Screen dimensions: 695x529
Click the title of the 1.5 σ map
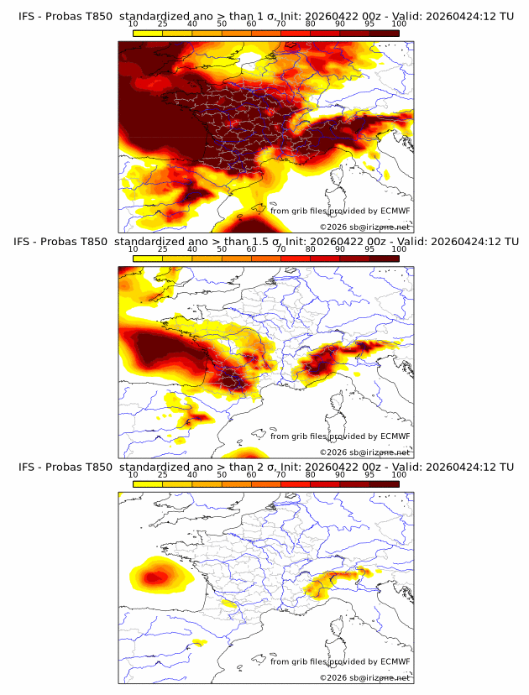tap(265, 242)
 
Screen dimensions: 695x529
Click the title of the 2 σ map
tap(265, 467)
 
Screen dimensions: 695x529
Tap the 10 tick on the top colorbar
tap(134, 25)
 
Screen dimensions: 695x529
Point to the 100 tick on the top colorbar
tap(399, 25)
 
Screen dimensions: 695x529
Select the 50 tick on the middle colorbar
tap(222, 249)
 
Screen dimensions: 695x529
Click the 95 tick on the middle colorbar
tap(369, 249)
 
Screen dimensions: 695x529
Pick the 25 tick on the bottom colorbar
tap(163, 474)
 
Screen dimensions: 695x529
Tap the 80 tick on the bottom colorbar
tap(311, 474)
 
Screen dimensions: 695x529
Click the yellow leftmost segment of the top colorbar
tap(148, 34)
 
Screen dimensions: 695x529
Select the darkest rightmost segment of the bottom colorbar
tap(384, 484)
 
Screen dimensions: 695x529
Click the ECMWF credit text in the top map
tap(340, 211)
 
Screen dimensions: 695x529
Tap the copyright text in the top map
tap(364, 227)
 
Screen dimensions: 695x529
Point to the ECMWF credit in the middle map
tap(340, 436)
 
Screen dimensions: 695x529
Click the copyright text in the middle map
tap(364, 452)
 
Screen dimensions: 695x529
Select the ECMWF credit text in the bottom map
tap(340, 661)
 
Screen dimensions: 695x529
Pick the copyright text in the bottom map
tap(364, 677)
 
